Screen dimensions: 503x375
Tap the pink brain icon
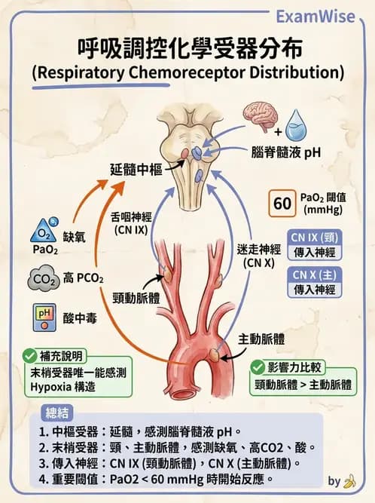[x=261, y=118]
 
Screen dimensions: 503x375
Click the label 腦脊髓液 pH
[x=285, y=152]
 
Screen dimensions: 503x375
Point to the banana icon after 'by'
[x=349, y=480]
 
